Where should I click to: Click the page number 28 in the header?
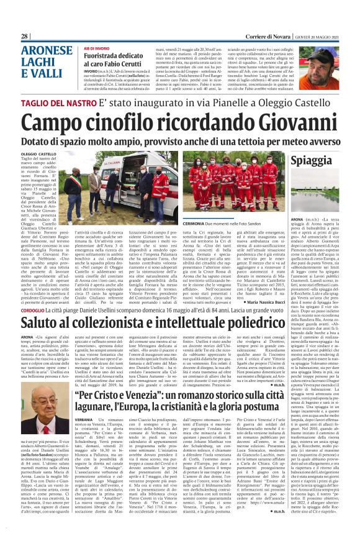coord(25,37)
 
